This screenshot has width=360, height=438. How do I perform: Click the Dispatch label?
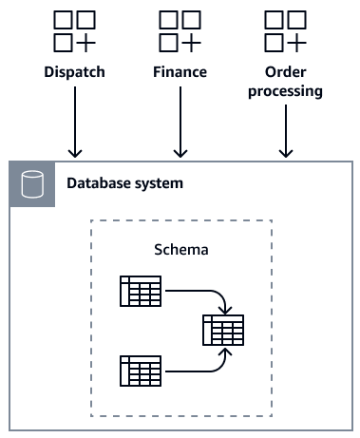(x=74, y=72)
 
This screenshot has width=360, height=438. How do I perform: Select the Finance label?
(x=180, y=72)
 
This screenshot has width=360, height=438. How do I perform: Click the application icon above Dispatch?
(x=74, y=31)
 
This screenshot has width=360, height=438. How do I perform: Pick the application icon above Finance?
(x=180, y=31)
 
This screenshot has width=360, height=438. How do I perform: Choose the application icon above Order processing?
(x=285, y=31)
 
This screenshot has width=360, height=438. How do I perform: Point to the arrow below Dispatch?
(x=75, y=124)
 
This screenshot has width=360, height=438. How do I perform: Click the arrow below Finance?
(x=180, y=124)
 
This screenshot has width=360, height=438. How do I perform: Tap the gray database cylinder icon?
(x=32, y=183)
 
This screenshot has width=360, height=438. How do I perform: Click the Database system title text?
(x=123, y=183)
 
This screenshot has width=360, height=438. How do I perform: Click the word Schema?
(x=180, y=250)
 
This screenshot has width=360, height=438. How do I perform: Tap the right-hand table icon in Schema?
(x=222, y=330)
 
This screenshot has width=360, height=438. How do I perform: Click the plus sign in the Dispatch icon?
(x=85, y=43)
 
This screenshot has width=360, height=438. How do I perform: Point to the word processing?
(x=285, y=92)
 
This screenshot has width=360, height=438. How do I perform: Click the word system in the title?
(x=158, y=183)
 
